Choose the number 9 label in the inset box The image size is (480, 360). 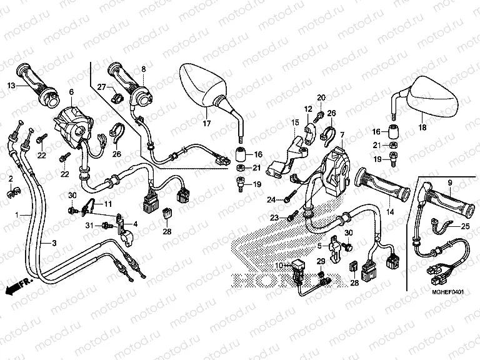(449, 182)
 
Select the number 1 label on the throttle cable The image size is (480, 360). (19, 214)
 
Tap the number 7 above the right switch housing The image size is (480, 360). (342, 135)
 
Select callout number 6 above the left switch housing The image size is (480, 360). (71, 92)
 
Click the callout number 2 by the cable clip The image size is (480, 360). (10, 179)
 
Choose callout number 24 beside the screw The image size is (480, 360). (271, 200)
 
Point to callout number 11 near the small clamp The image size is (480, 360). (107, 204)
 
